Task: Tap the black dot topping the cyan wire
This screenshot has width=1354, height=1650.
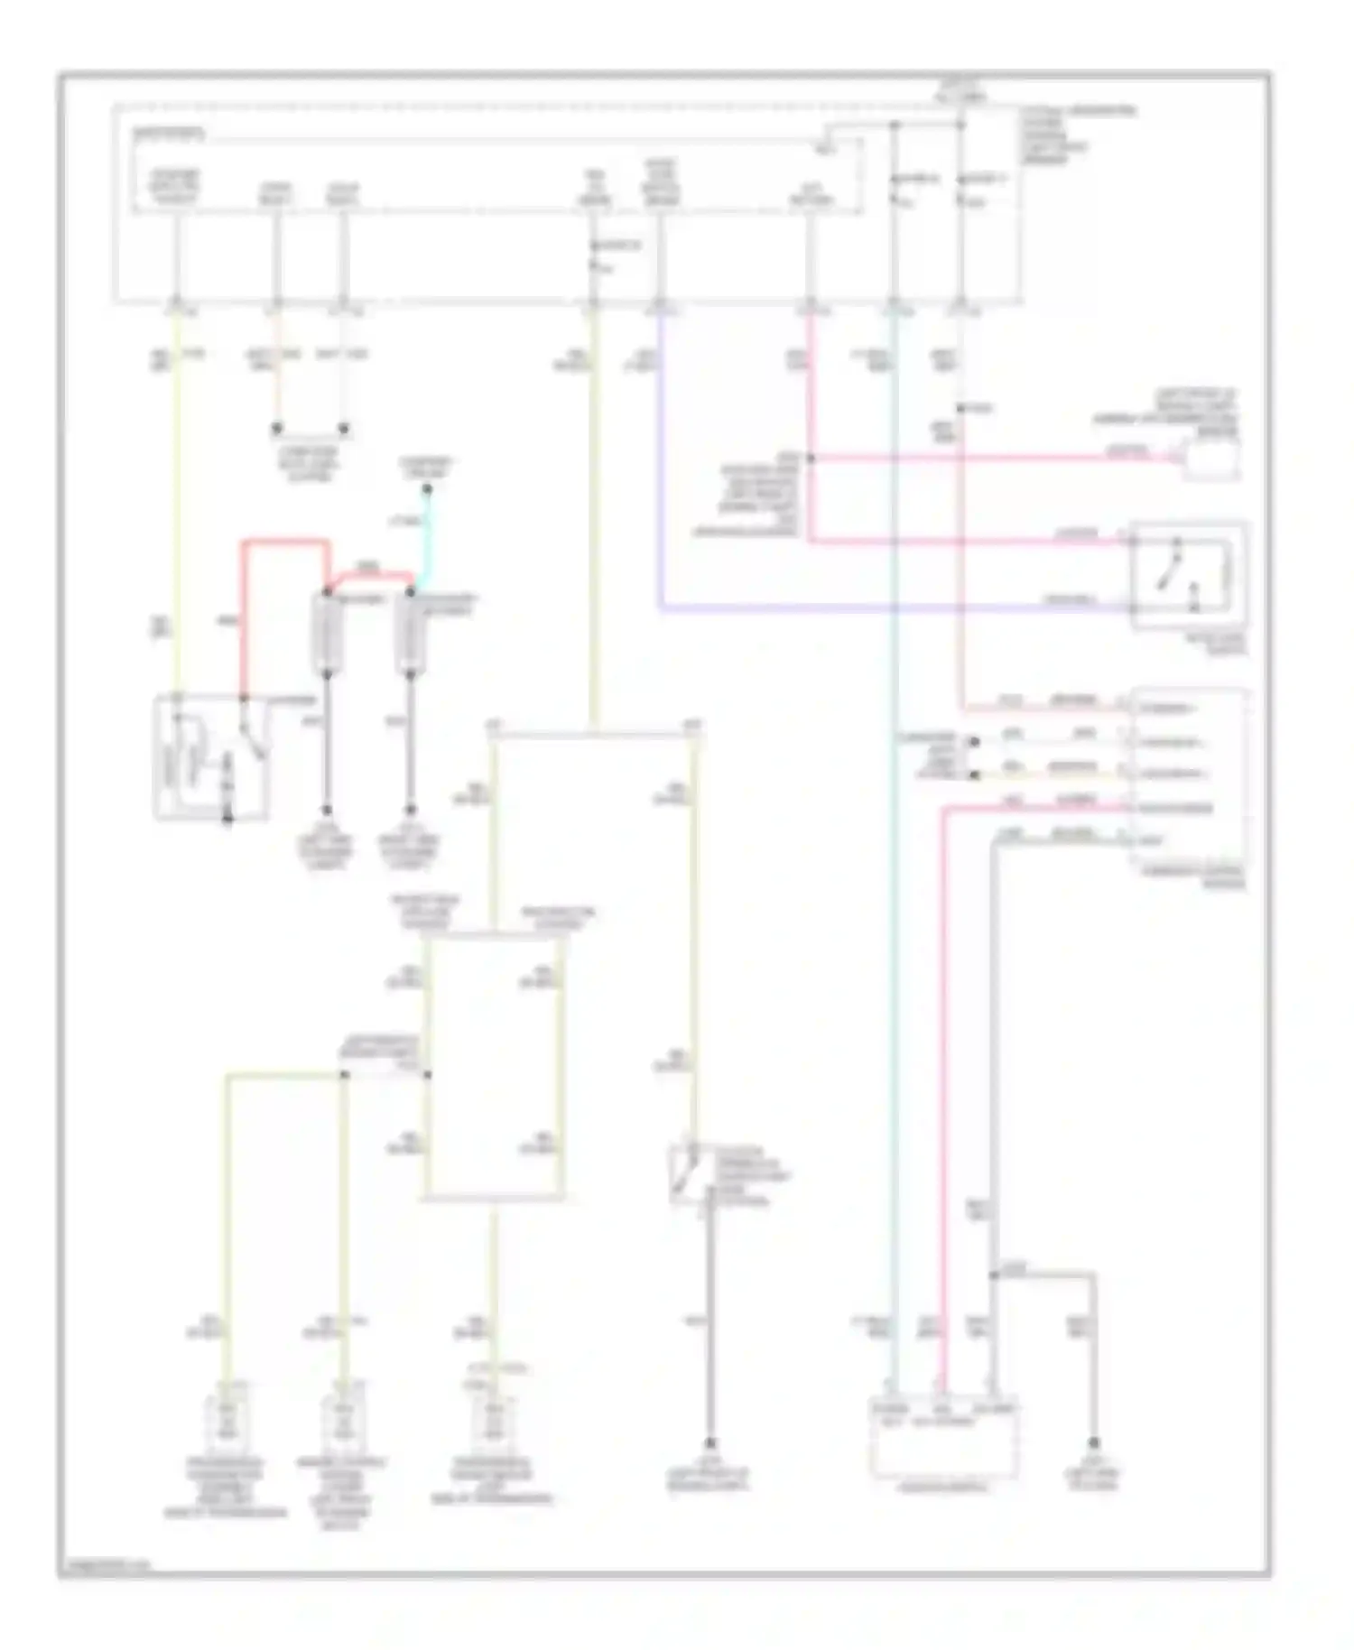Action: point(428,489)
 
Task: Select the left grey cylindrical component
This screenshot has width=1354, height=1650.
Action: point(327,635)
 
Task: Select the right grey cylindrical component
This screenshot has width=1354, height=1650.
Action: point(411,635)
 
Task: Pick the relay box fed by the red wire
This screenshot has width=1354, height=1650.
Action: point(211,756)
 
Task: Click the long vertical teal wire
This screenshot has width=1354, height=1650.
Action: point(895,903)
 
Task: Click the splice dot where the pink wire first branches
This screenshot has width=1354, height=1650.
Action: point(810,459)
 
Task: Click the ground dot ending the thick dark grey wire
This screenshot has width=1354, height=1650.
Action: point(709,1442)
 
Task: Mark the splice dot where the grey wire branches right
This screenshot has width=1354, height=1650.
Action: point(992,1275)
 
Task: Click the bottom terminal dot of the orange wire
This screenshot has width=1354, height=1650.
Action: point(277,429)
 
